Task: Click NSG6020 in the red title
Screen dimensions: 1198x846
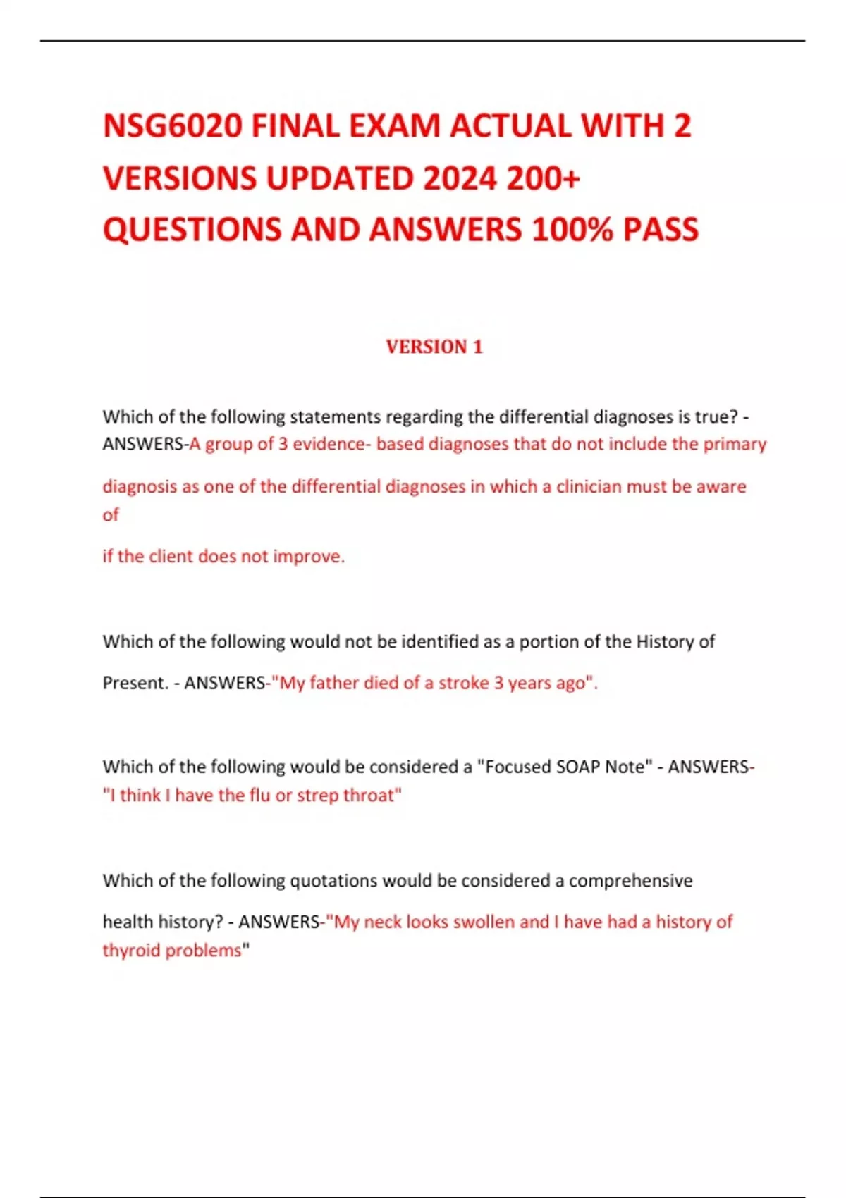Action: [173, 127]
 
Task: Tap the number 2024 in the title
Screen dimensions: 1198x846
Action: [459, 178]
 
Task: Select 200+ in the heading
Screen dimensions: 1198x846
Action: [543, 178]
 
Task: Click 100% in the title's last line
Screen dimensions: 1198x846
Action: [572, 230]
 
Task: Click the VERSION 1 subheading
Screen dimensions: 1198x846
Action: [434, 347]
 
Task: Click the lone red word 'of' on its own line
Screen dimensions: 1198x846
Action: [111, 515]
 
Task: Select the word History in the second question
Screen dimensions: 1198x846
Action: [665, 641]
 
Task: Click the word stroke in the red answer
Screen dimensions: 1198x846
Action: [463, 683]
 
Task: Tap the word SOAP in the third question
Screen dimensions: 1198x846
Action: [577, 767]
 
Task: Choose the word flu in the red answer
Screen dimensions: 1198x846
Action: [257, 795]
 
